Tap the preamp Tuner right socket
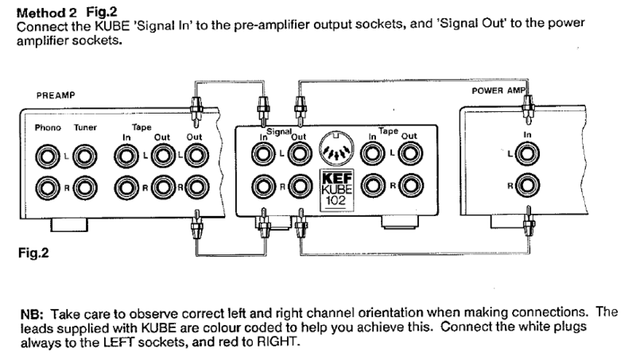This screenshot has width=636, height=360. (x=83, y=188)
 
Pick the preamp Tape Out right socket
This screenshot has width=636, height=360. (x=163, y=188)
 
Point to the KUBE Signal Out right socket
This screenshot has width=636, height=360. (x=299, y=187)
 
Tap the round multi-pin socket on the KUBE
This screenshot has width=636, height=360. (x=335, y=149)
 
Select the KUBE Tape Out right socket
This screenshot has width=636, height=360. (x=409, y=186)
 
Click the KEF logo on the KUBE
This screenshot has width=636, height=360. (x=335, y=176)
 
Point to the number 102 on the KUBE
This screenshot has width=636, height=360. (x=335, y=201)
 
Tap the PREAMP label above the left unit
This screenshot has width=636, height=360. (x=55, y=95)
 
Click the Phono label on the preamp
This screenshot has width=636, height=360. (x=48, y=127)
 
